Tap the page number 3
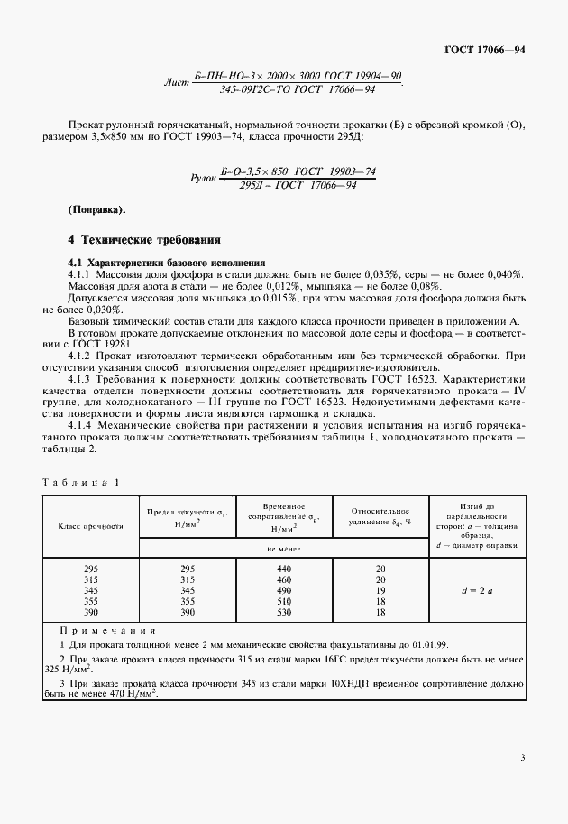521,782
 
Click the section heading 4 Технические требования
144,241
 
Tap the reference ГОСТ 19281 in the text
96,344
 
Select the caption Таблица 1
80,481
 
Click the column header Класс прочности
90,524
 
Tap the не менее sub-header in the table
283,547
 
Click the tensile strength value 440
284,568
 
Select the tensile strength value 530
284,611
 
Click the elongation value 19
380,589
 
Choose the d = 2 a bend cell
477,589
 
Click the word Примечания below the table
107,631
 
